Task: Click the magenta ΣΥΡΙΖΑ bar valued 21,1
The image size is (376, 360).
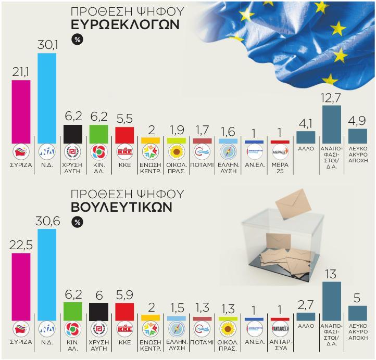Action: pyautogui.click(x=21, y=112)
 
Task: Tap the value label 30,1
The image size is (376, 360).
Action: pyautogui.click(x=47, y=45)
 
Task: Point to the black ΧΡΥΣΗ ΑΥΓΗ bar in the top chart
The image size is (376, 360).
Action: pyautogui.click(x=72, y=134)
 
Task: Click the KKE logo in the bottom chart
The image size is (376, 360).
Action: pyautogui.click(x=124, y=329)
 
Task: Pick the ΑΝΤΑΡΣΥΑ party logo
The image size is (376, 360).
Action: pyautogui.click(x=281, y=329)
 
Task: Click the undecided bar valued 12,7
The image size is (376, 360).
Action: pyautogui.click(x=332, y=124)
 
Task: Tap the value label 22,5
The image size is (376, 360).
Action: pyautogui.click(x=21, y=246)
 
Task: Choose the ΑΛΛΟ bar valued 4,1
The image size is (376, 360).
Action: pyautogui.click(x=306, y=137)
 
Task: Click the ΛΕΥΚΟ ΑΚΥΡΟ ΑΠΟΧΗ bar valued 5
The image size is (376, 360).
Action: pyautogui.click(x=357, y=313)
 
